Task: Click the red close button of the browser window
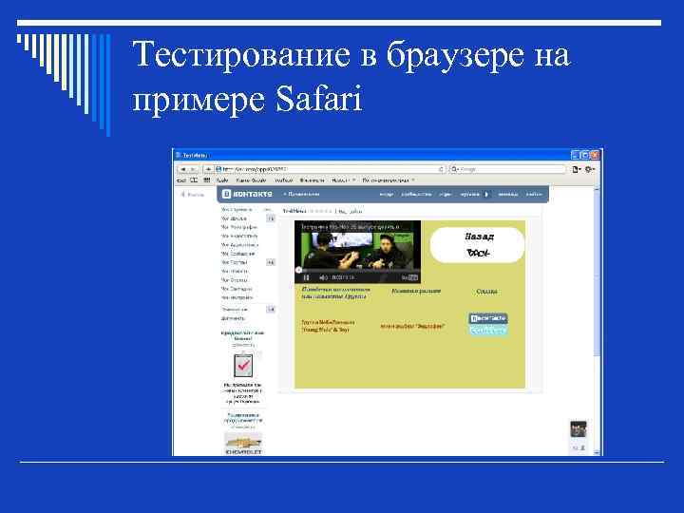tap(597, 154)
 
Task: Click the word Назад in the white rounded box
tap(480, 236)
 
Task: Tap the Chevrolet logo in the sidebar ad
tap(242, 442)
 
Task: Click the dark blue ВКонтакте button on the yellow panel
tap(488, 318)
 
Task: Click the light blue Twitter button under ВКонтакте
tap(488, 330)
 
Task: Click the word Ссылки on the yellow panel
tap(487, 292)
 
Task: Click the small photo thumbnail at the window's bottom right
tap(578, 428)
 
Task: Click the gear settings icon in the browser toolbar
tap(590, 169)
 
